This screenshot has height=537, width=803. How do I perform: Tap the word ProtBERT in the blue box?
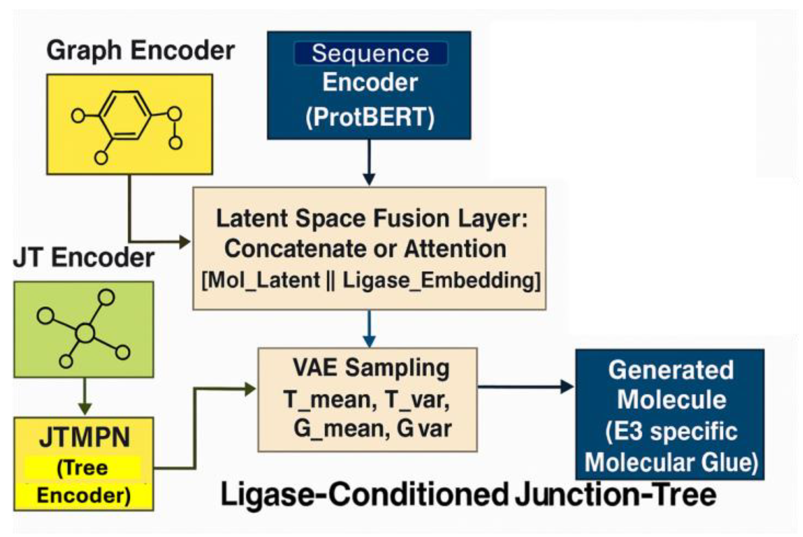370,117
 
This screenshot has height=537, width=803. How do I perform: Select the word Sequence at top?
370,54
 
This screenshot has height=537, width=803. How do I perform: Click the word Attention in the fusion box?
455,249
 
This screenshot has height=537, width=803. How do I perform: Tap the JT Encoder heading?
83,258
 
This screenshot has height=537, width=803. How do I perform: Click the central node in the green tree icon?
85,333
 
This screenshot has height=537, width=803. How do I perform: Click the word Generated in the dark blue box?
671,370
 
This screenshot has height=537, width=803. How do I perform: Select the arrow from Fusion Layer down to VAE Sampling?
369,328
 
